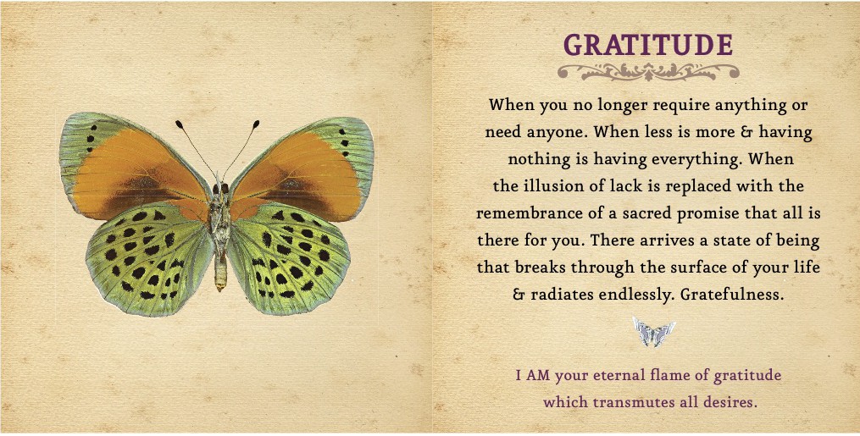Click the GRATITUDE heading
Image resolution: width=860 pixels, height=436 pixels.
click(648, 45)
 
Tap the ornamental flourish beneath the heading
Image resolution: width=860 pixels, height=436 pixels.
click(648, 72)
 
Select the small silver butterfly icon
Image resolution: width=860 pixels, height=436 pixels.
click(653, 331)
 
